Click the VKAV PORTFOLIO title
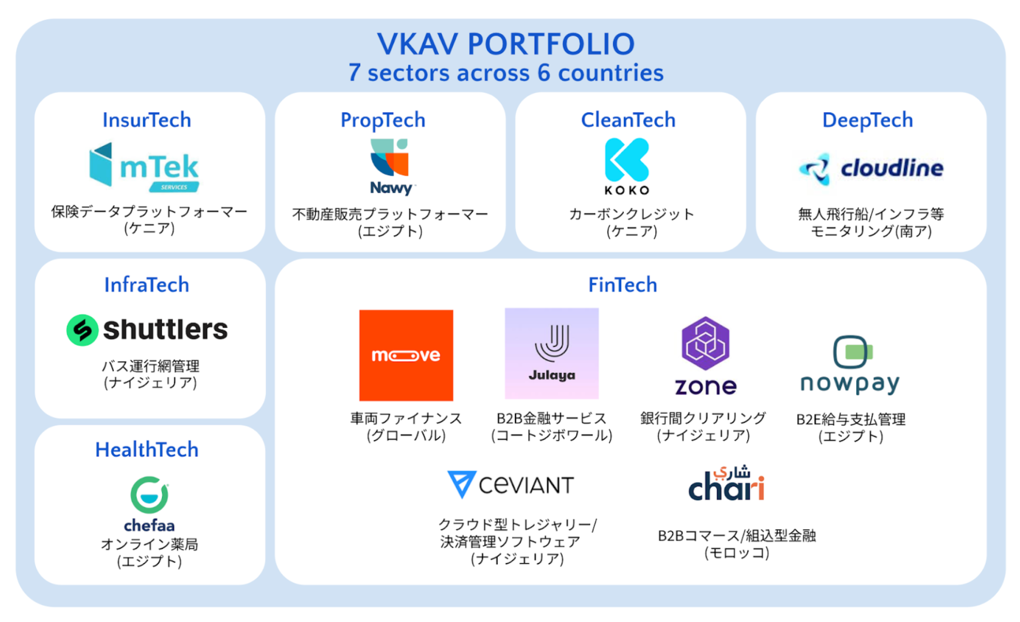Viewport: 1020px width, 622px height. pyautogui.click(x=506, y=44)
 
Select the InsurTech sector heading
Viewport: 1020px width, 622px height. pyautogui.click(x=146, y=120)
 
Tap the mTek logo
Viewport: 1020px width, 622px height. pyautogui.click(x=144, y=167)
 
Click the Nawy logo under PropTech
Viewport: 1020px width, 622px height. pyautogui.click(x=390, y=167)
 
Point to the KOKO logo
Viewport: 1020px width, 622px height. pyautogui.click(x=627, y=166)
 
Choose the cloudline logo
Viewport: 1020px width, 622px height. pyautogui.click(x=871, y=168)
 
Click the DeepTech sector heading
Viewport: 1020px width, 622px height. pyautogui.click(x=867, y=120)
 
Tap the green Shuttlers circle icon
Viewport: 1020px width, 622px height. pyautogui.click(x=82, y=330)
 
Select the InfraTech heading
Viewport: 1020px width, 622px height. pyautogui.click(x=146, y=285)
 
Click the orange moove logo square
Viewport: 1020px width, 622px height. pyautogui.click(x=406, y=355)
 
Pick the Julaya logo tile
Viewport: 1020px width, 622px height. pyautogui.click(x=552, y=353)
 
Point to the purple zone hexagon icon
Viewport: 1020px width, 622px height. pyautogui.click(x=705, y=343)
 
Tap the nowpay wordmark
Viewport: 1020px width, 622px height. pyautogui.click(x=849, y=384)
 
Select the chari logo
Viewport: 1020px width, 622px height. pyautogui.click(x=726, y=483)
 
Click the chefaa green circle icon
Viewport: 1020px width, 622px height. pyautogui.click(x=149, y=495)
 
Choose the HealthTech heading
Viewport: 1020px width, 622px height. pyautogui.click(x=146, y=450)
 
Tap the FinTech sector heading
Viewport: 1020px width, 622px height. pyautogui.click(x=622, y=285)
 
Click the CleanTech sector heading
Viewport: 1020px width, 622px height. pyautogui.click(x=628, y=120)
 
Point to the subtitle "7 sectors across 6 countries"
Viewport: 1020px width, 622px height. pyautogui.click(x=506, y=73)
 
